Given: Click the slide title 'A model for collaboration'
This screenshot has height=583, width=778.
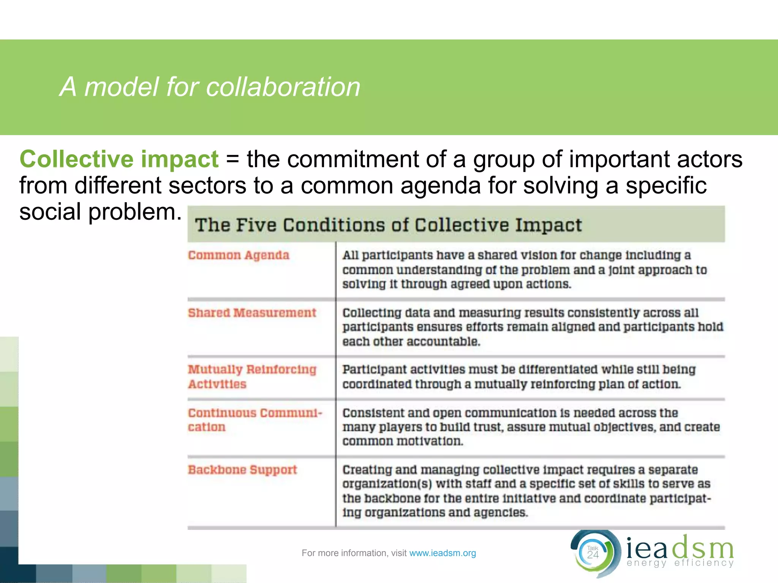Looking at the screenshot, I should (210, 87).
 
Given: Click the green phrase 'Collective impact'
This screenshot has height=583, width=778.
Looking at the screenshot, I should (119, 159).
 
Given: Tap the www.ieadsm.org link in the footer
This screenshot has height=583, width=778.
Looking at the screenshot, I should (443, 553).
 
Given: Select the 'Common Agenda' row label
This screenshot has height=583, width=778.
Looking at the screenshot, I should (239, 255).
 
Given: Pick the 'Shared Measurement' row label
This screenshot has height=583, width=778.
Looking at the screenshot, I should (252, 313).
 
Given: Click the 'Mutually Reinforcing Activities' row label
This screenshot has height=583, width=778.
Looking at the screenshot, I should (252, 377).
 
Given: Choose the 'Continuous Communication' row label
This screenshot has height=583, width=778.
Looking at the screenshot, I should (255, 420).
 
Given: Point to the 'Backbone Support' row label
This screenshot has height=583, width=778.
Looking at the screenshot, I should (242, 470).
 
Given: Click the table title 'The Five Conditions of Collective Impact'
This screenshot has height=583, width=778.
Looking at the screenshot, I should (388, 225).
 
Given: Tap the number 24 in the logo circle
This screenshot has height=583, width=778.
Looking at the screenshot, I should (593, 555).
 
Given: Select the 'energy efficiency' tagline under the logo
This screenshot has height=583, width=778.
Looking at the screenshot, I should (680, 563).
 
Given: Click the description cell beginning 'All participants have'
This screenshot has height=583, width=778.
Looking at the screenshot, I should (524, 269).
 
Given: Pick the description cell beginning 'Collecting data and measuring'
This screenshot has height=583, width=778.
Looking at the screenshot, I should (532, 327).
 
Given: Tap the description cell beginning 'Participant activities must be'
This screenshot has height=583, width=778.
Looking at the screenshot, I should (519, 377).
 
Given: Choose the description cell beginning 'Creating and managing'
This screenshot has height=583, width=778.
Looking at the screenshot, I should (526, 491).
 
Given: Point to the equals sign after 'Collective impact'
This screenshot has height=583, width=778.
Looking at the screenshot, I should (232, 159).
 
